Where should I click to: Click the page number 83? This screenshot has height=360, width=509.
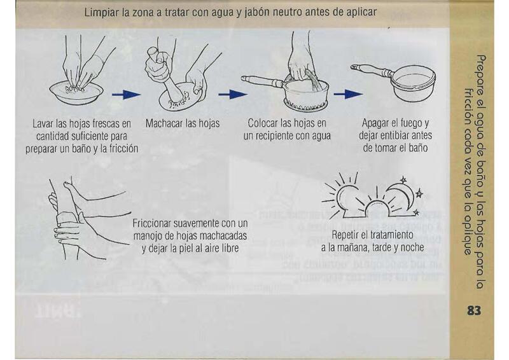coord(474,310)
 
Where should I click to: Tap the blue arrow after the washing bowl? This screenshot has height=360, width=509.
coord(126,95)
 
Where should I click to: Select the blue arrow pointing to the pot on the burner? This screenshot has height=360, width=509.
coord(233,95)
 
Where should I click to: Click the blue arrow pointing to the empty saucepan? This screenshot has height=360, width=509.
coord(348,94)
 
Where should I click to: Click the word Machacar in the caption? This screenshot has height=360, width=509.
coord(164,123)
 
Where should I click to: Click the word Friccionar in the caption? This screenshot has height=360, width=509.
coord(151,224)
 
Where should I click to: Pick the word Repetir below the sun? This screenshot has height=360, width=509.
coord(344,235)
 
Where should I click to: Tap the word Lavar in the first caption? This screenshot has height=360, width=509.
coord(43,123)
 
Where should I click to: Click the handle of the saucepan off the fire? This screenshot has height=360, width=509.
coord(372,70)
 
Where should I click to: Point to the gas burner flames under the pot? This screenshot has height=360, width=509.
coord(307,105)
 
